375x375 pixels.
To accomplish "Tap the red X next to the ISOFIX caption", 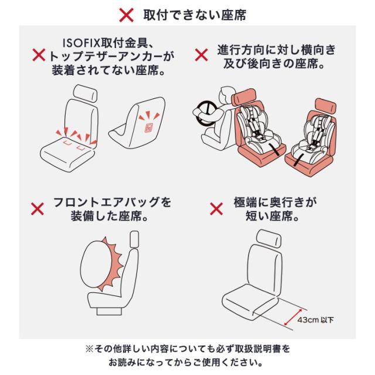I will (x=39, y=57).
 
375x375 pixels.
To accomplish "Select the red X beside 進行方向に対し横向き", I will (x=201, y=55).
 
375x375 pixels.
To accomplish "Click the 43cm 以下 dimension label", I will (x=317, y=320).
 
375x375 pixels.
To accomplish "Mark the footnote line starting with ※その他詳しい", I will (x=187, y=348).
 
